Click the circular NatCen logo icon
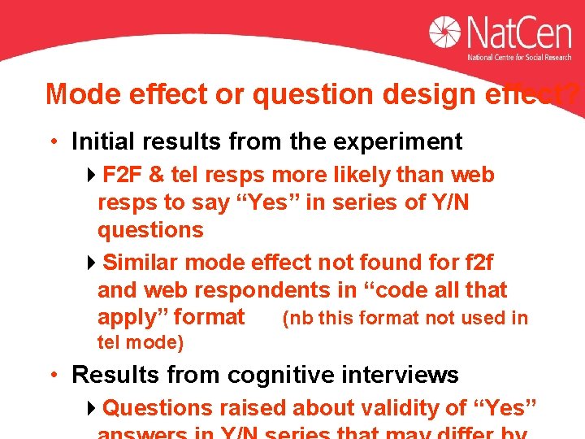pos(446,33)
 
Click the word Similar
pos(141,263)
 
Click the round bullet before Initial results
pos(54,142)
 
